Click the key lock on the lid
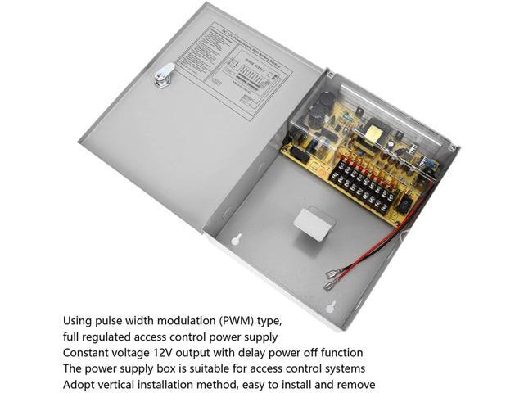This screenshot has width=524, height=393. (x=165, y=75)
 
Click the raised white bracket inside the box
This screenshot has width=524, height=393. (x=312, y=223)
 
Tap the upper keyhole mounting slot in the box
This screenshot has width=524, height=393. (x=235, y=241)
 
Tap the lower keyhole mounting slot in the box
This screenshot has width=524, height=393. (x=330, y=309)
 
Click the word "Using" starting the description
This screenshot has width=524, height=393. (x=80, y=320)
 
